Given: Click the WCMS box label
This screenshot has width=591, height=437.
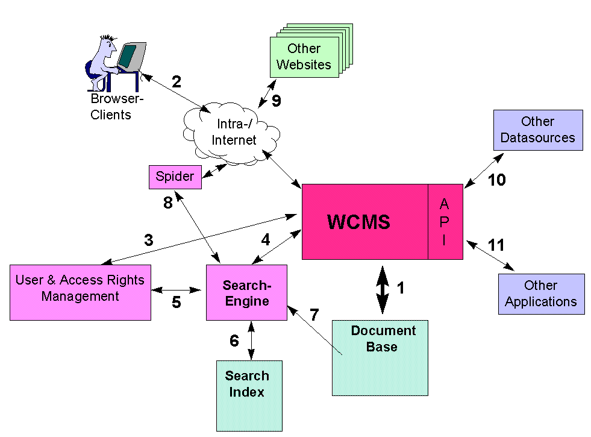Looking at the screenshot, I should pos(358,222).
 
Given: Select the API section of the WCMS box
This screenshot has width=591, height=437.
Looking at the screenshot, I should pos(445,222).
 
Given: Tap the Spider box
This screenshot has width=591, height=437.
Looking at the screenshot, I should pos(175,177).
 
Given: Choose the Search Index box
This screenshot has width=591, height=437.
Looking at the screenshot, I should pos(249,395).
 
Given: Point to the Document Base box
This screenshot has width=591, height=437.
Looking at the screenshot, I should pos(380,359).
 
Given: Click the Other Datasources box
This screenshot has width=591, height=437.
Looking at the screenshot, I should pos(538,130).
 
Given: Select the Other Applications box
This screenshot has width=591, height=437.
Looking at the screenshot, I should pos(541,294).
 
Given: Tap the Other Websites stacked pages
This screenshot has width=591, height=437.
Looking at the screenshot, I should pos(304,57).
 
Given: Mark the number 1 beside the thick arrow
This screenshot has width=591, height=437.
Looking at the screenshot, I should pos(400,288).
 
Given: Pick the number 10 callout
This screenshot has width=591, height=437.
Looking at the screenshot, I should pos(496,180).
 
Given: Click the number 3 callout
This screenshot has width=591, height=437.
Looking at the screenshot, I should pos(148,240).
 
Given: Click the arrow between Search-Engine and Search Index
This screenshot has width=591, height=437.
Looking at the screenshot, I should pos(251,341).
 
